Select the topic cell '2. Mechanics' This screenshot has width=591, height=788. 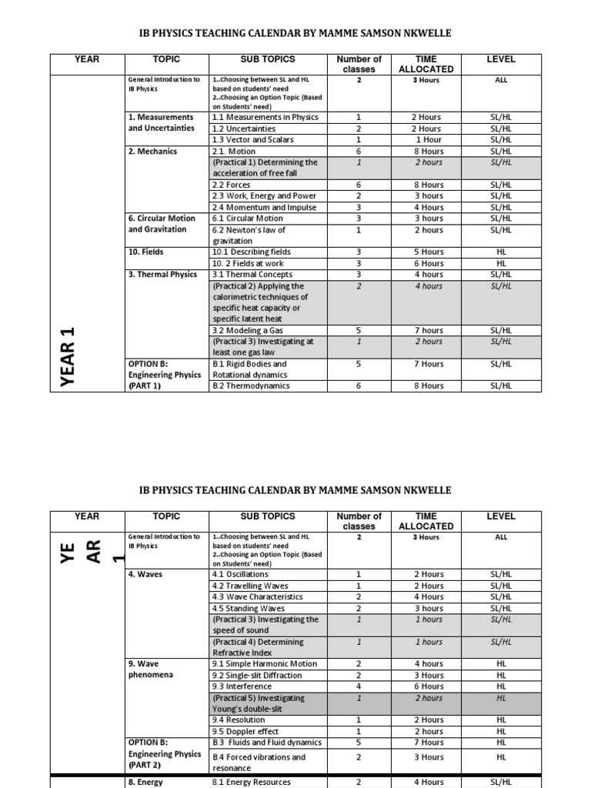152,152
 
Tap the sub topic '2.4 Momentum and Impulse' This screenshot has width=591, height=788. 252,207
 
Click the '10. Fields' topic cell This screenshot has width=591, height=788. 145,252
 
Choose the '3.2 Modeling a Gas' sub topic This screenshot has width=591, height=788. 245,330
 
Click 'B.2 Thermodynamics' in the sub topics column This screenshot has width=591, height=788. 251,386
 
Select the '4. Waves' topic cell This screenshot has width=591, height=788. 145,574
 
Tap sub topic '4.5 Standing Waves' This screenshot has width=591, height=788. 248,608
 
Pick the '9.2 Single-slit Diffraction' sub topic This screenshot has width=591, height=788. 256,675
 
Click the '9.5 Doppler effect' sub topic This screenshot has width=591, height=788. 245,731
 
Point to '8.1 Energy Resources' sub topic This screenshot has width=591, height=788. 251,782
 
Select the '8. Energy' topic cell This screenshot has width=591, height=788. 145,782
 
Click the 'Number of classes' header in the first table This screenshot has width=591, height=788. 359,64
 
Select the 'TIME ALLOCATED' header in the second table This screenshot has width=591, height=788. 426,521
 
